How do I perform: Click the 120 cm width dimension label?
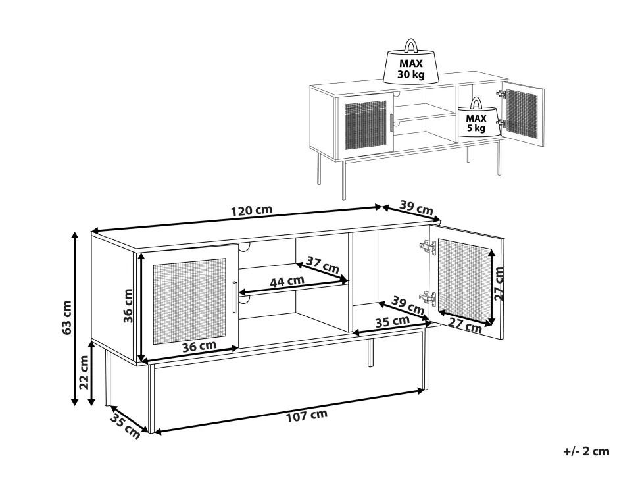(x=251, y=211)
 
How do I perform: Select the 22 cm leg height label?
(x=84, y=372)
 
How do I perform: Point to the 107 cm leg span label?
(x=307, y=416)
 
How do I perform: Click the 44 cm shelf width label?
(x=287, y=281)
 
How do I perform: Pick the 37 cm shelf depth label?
(x=323, y=265)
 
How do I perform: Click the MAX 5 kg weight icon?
(x=476, y=117)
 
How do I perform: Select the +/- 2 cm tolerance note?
(x=586, y=451)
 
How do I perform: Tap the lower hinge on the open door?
(x=428, y=299)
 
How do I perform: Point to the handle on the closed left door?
(x=235, y=297)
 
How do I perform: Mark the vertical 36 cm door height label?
(x=128, y=305)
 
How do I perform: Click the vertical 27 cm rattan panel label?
(x=499, y=284)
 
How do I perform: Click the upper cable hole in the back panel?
(x=244, y=247)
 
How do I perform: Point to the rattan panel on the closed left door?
(x=189, y=301)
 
